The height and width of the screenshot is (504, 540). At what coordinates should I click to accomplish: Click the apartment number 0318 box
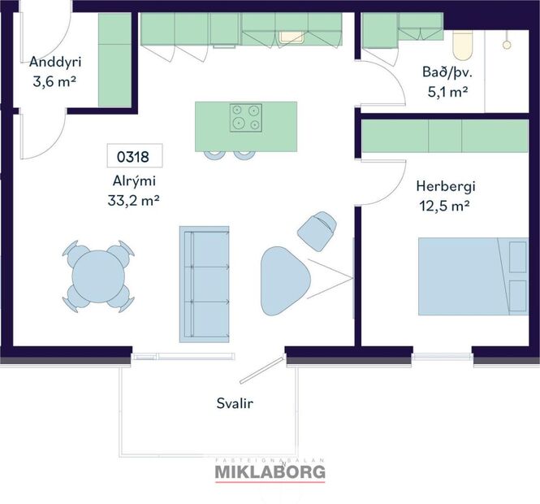[135, 155]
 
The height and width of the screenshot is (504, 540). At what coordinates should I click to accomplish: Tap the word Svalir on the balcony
[233, 402]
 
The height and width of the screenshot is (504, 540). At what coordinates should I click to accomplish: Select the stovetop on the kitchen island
[245, 118]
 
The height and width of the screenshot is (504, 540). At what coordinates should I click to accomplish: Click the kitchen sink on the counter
[290, 35]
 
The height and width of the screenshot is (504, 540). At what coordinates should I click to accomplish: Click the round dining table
[98, 276]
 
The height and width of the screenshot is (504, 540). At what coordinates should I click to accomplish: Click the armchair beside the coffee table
[317, 229]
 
